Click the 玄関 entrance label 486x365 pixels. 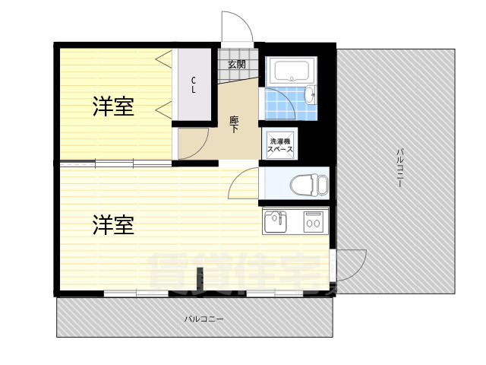(236, 65)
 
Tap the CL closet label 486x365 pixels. (194, 84)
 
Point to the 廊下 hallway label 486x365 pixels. (234, 123)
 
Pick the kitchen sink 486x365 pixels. (275, 221)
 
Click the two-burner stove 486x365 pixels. (313, 221)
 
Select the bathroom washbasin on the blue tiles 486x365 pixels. (309, 94)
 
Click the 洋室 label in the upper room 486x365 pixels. (114, 107)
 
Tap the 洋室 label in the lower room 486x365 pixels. (114, 225)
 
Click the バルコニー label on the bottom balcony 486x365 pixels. (204, 319)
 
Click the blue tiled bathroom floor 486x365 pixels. (284, 105)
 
